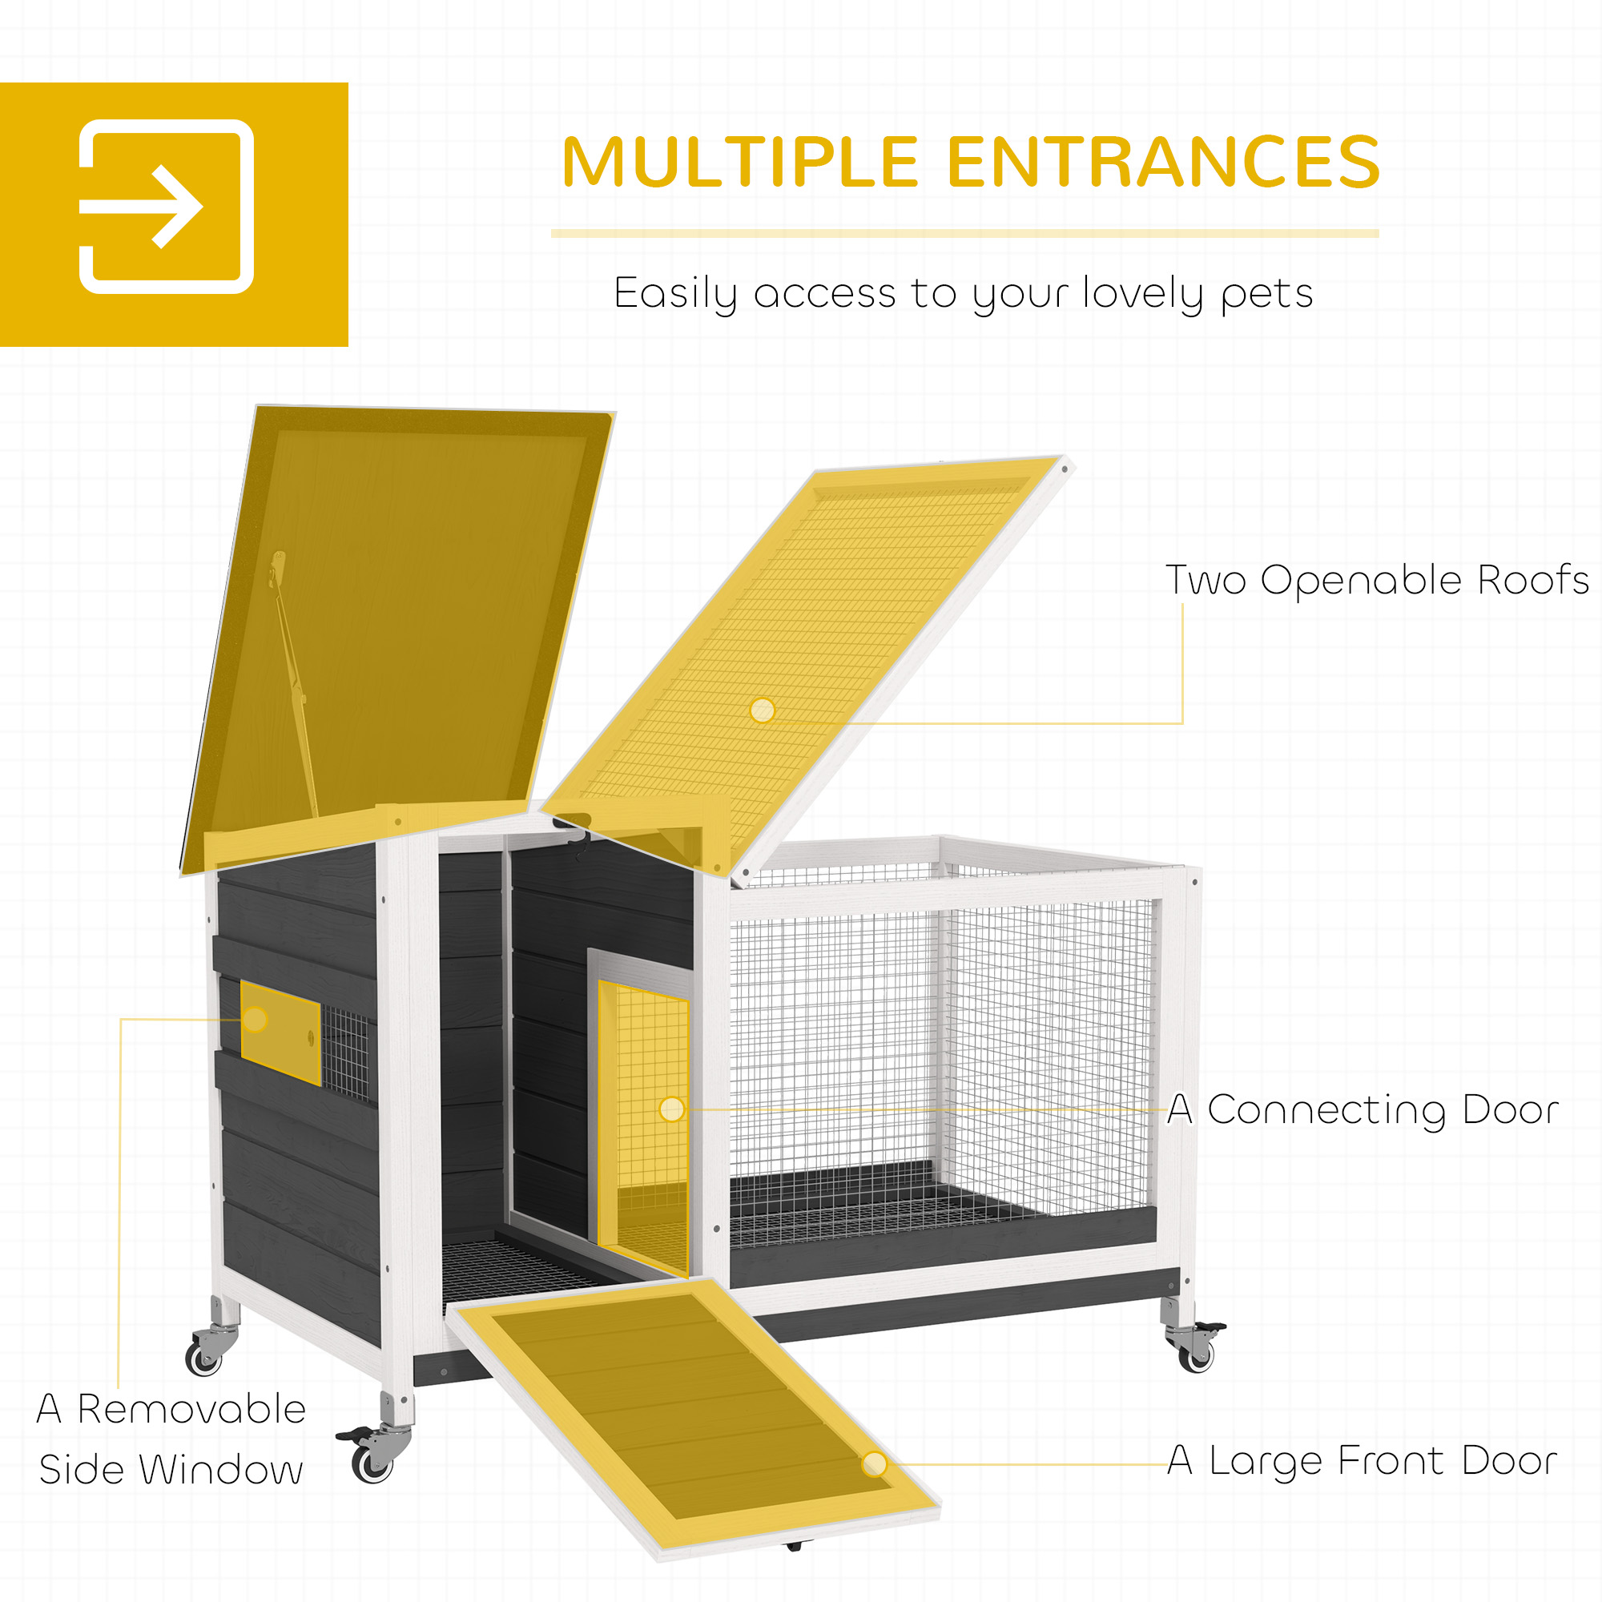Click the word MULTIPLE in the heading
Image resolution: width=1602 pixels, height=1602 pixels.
pyautogui.click(x=740, y=162)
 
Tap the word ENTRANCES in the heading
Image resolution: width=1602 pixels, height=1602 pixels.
pyautogui.click(x=1163, y=162)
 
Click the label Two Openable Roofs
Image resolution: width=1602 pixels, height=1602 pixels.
pyautogui.click(x=1377, y=580)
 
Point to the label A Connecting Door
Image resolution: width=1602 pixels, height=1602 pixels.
pyautogui.click(x=1363, y=1109)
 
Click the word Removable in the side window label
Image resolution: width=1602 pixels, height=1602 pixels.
pyautogui.click(x=191, y=1409)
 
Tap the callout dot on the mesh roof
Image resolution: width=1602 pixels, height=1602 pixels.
pyautogui.click(x=762, y=710)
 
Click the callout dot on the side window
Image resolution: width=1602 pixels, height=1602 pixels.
pyautogui.click(x=256, y=1019)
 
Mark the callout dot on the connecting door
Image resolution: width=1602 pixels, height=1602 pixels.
pyautogui.click(x=672, y=1109)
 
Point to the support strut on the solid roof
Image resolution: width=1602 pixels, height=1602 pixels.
pyautogui.click(x=292, y=682)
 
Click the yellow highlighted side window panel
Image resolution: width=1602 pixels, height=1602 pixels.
pyautogui.click(x=280, y=1032)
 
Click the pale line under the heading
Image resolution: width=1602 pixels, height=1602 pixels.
pyautogui.click(x=964, y=234)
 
